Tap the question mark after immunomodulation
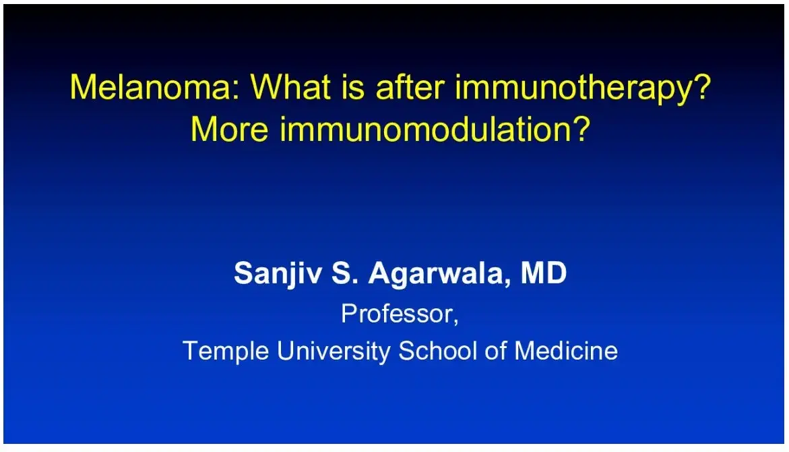pos(581,128)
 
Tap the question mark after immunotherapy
pos(701,88)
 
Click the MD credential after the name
pos(544,274)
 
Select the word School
pos(440,351)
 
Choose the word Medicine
pos(566,351)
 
